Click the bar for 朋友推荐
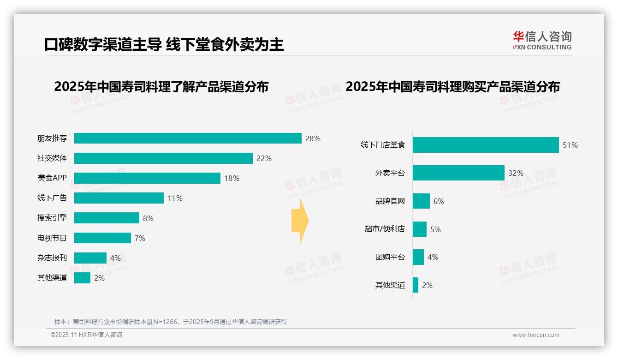(x=188, y=138)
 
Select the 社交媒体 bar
(x=163, y=158)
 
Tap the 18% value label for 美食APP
(x=232, y=178)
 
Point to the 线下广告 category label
(x=52, y=198)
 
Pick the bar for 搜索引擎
(x=107, y=218)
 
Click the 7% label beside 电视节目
(x=140, y=238)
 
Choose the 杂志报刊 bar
(x=90, y=258)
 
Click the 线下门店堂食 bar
(x=486, y=145)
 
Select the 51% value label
(x=570, y=145)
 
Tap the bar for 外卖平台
(x=458, y=173)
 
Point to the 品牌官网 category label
(x=390, y=201)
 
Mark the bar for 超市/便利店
(x=420, y=229)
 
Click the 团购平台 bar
(x=418, y=257)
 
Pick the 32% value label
(x=516, y=173)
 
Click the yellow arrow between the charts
(x=300, y=221)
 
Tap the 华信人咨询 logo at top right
(x=542, y=41)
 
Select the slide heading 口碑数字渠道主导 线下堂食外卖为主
(x=164, y=44)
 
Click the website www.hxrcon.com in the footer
(x=536, y=335)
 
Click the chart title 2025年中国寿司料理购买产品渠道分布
(x=452, y=87)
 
